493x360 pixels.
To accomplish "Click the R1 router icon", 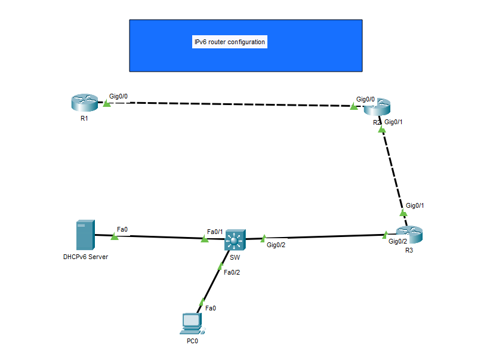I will (x=84, y=103).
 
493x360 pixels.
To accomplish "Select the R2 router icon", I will (x=377, y=108).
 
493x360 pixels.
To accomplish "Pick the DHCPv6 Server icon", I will (x=85, y=235).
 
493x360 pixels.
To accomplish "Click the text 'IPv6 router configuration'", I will (x=230, y=42).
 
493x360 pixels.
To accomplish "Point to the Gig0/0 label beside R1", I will (x=118, y=96).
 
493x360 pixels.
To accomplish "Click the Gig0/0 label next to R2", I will (x=365, y=99).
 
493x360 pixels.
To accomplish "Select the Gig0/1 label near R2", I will (x=394, y=122).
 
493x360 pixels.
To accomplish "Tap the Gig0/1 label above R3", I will (x=415, y=205).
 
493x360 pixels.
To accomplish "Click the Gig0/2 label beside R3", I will (x=398, y=241).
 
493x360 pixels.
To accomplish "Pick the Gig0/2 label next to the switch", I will (x=276, y=245).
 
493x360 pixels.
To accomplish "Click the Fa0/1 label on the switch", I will (x=215, y=232).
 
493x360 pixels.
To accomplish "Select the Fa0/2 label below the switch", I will (x=232, y=272).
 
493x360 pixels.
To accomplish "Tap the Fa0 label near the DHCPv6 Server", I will (x=122, y=229).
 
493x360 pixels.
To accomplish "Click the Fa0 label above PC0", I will (x=211, y=308).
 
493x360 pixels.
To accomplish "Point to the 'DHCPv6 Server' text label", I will (x=85, y=257).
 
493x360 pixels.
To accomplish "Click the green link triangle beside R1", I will (x=107, y=104).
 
